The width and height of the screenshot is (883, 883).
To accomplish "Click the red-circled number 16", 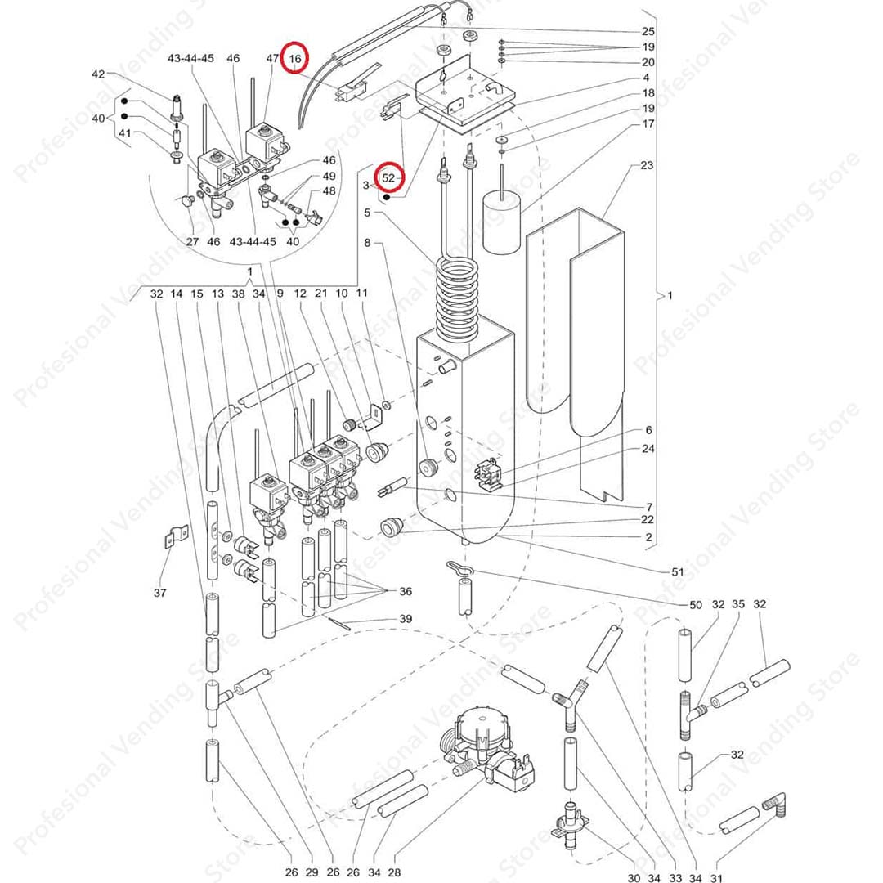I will pyautogui.click(x=295, y=59).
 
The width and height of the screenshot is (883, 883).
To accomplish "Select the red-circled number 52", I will pyautogui.click(x=388, y=177).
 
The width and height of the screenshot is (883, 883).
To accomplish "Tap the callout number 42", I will pyautogui.click(x=98, y=74).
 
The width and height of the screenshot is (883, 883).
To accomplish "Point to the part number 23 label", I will pyautogui.click(x=647, y=165).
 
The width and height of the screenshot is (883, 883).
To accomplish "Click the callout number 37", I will pyautogui.click(x=159, y=592).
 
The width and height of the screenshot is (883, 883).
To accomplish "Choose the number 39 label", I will pyautogui.click(x=405, y=619).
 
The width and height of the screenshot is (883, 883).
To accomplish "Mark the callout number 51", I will pyautogui.click(x=677, y=571).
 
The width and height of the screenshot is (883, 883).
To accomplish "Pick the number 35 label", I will pyautogui.click(x=738, y=605).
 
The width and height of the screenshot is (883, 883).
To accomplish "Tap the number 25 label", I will pyautogui.click(x=648, y=31).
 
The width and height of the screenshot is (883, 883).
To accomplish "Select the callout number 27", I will pyautogui.click(x=192, y=242).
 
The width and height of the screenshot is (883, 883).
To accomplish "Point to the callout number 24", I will pyautogui.click(x=648, y=449).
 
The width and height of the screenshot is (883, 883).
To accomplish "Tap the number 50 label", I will pyautogui.click(x=696, y=605).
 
